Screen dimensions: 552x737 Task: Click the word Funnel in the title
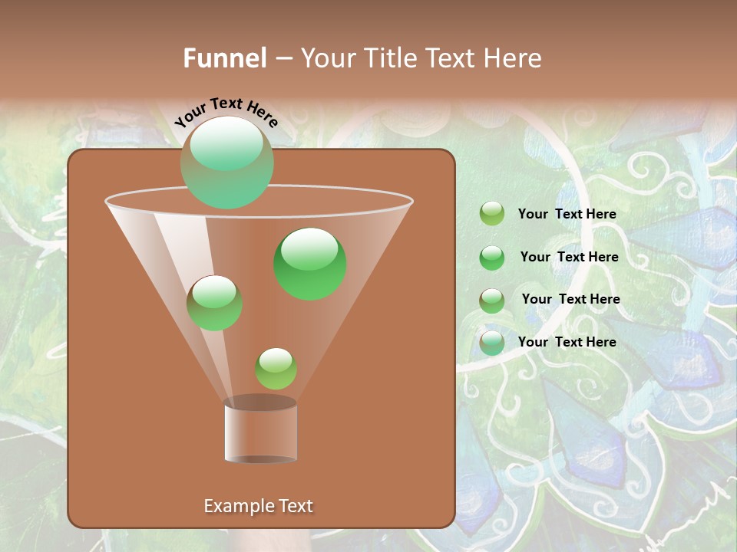[224, 58]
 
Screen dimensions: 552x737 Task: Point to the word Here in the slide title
[508, 58]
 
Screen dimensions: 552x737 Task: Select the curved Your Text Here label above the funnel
[226, 112]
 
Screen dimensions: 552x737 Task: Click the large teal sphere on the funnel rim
[226, 163]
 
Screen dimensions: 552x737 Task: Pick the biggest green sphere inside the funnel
[310, 264]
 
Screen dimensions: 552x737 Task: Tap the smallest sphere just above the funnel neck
[276, 369]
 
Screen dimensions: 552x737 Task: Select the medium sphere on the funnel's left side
[214, 303]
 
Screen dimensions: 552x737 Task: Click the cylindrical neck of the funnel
[260, 429]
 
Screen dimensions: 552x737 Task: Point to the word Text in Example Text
[295, 506]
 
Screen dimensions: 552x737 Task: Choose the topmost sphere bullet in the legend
[492, 214]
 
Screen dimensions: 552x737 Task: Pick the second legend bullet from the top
[492, 258]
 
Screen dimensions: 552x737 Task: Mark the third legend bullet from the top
[492, 301]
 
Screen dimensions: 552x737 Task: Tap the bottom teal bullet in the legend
[492, 343]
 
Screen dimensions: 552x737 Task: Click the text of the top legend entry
[567, 215]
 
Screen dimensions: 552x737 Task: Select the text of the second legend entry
[569, 258]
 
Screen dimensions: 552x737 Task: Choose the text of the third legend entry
[570, 299]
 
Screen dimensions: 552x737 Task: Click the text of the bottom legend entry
[567, 342]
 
